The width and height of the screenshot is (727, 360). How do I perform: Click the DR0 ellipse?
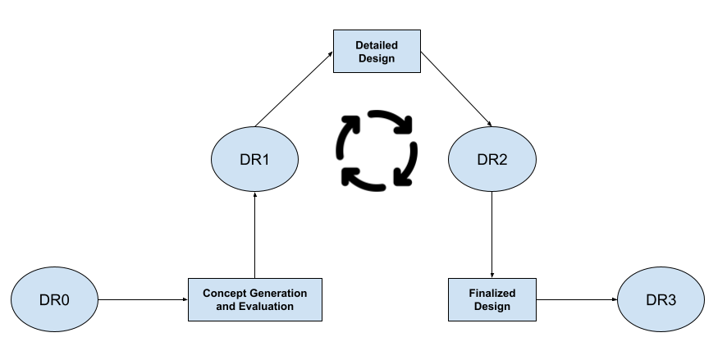coord(55,300)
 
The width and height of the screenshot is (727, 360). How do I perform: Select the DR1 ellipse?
coord(255,160)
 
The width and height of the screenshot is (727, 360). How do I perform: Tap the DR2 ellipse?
coord(492,160)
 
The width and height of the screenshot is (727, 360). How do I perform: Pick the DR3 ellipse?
coord(661,300)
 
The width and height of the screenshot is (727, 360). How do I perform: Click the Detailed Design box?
coord(377,51)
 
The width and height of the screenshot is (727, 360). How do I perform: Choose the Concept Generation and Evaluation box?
coord(254,300)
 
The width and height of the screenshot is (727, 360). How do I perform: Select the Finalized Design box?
coord(492,300)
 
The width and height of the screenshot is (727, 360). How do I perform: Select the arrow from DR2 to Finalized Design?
coord(492,234)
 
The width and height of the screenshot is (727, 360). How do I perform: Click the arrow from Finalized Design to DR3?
coord(577,300)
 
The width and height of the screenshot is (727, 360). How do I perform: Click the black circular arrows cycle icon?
coord(377,149)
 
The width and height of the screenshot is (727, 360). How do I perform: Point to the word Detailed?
coord(377,44)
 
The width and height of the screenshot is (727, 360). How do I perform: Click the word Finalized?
coord(492,293)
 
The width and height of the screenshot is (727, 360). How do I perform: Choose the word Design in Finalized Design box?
coord(492,307)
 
